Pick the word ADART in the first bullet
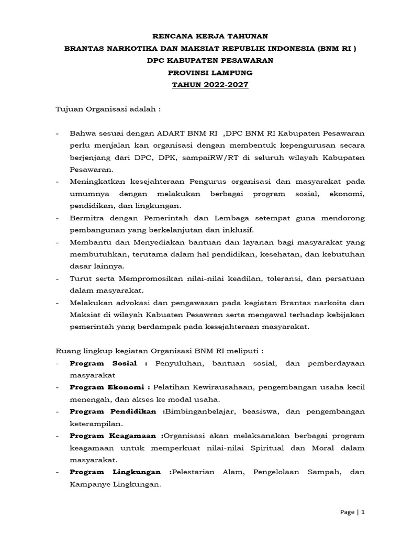pos(163,133)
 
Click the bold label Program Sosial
pos(104,363)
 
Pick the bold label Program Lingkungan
pos(118,472)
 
